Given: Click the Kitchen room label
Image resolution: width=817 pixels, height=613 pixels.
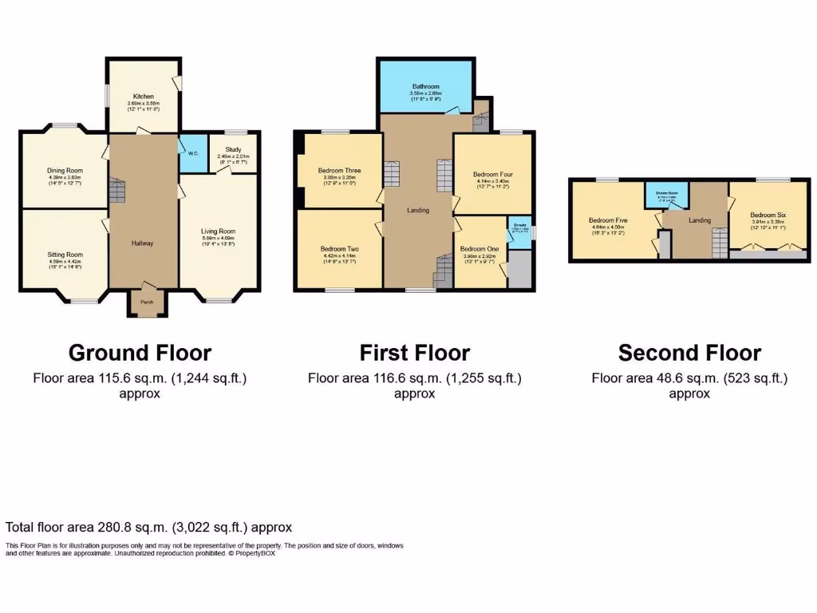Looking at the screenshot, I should point(144,97).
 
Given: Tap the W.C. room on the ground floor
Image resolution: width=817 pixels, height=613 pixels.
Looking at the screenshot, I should point(192,153).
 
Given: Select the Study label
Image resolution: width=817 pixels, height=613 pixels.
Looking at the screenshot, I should point(233,149).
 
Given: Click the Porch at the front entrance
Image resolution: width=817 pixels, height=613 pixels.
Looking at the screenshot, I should point(147,303).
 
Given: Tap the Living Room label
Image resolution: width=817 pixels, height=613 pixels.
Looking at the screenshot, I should point(218,231).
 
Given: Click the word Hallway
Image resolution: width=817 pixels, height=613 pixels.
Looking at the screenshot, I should point(143,243).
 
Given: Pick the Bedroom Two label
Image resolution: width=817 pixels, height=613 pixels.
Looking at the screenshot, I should point(339,249).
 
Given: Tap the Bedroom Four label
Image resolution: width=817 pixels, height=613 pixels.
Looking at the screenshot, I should point(491,174).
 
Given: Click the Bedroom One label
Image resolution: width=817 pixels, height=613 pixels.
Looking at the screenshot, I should point(480,249).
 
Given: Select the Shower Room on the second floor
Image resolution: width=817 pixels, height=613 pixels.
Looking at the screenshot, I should point(668,195).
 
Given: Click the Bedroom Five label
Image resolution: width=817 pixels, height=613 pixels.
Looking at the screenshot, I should point(608,220).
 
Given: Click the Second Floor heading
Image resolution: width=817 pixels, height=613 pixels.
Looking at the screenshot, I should point(689,353).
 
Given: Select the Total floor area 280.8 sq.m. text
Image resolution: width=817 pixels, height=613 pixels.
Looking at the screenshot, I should point(148,528).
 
